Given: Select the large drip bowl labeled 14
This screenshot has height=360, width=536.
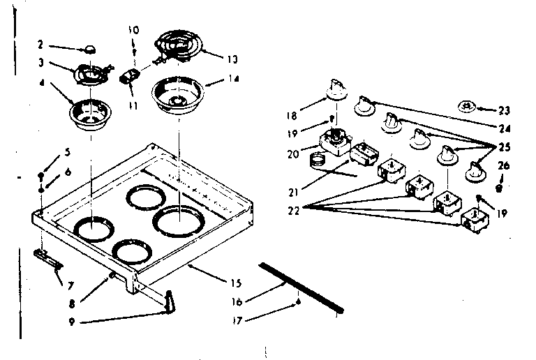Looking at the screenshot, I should click(172, 94).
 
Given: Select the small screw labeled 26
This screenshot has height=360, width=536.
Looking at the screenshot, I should click(498, 188).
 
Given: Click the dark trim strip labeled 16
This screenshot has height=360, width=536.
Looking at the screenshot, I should click(301, 287).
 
